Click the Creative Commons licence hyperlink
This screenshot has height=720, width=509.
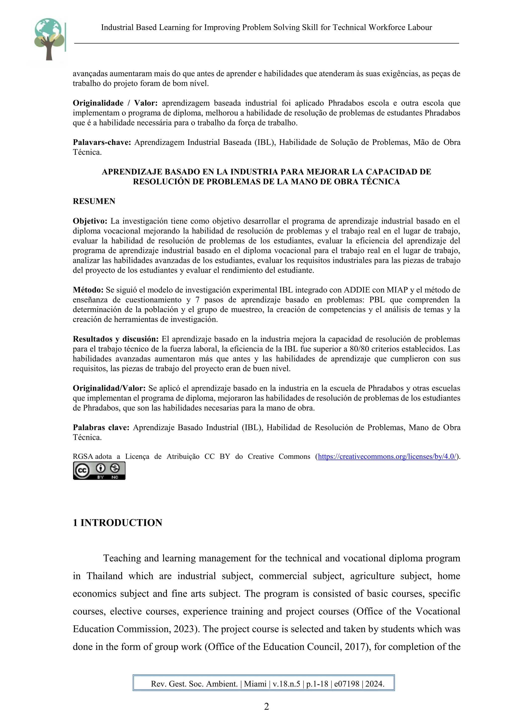coord(387,456)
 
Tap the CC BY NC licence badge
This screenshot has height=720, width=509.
coord(99,471)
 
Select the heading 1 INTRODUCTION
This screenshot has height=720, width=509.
coord(117,522)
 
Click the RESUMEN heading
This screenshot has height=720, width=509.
coord(94,201)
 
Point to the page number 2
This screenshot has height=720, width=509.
coord(267,707)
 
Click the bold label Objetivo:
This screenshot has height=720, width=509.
coord(90,221)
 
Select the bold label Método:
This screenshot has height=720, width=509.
coord(88,290)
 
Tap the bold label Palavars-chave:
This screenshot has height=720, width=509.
coord(102,142)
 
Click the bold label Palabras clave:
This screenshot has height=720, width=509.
coord(101,427)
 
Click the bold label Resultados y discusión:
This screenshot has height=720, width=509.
coord(116,339)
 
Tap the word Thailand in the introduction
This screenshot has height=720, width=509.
coord(104,576)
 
